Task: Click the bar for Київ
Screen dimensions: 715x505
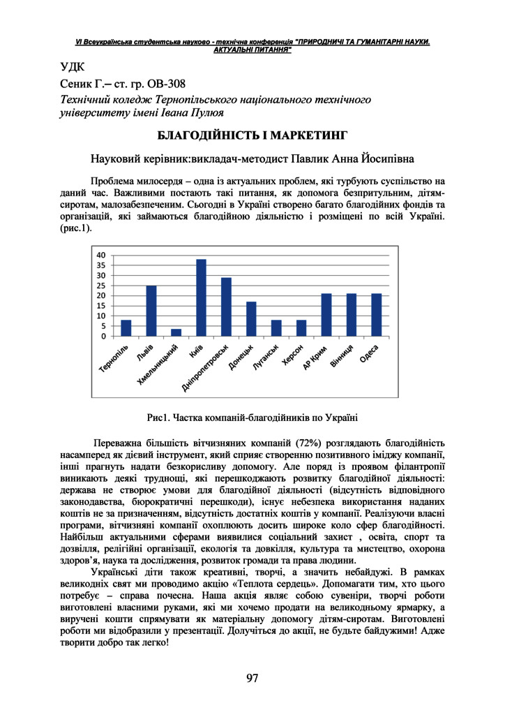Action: pyautogui.click(x=201, y=298)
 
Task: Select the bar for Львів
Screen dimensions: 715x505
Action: pyautogui.click(x=151, y=311)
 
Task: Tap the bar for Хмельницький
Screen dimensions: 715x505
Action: pyautogui.click(x=176, y=332)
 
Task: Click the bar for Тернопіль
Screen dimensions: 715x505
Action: pyautogui.click(x=126, y=328)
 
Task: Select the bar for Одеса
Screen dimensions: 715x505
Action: pyautogui.click(x=377, y=315)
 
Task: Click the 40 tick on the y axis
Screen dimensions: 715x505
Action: pyautogui.click(x=102, y=255)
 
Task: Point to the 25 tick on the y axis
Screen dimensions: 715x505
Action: pyautogui.click(x=102, y=286)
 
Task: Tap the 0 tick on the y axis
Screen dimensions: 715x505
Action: pyautogui.click(x=104, y=337)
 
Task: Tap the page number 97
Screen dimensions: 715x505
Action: pyautogui.click(x=252, y=678)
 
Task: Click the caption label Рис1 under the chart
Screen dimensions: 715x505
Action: pyautogui.click(x=158, y=418)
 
